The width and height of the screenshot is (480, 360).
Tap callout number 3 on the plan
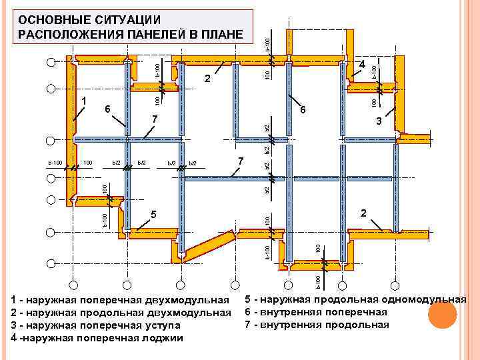[x=378, y=121]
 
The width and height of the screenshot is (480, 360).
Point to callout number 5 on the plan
[x=153, y=215]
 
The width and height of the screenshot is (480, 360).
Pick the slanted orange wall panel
[x=208, y=247]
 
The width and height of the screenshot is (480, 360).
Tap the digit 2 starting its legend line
[x=15, y=313]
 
